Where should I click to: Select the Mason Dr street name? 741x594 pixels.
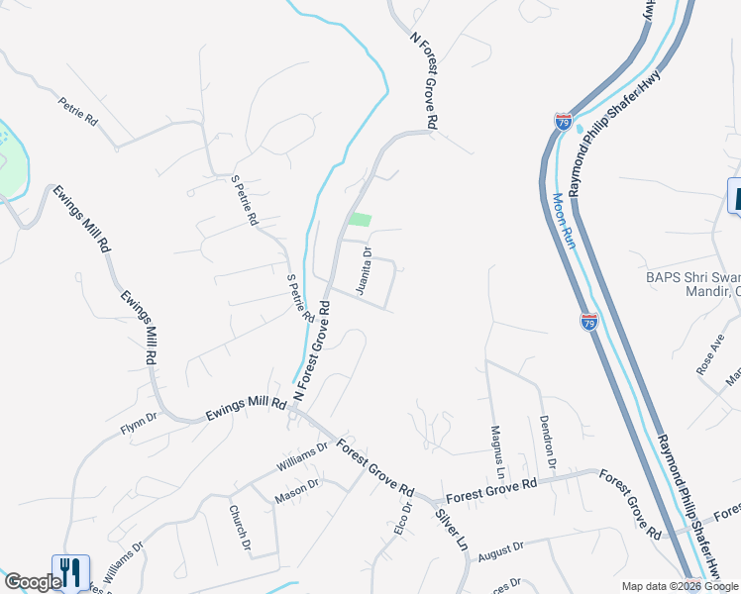tap(298, 490)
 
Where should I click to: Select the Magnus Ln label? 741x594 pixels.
tap(497, 448)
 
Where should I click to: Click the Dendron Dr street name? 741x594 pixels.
tap(548, 442)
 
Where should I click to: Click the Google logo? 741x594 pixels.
tap(32, 583)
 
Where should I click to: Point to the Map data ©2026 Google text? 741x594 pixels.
tap(680, 586)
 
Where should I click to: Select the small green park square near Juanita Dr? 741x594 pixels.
tap(360, 220)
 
